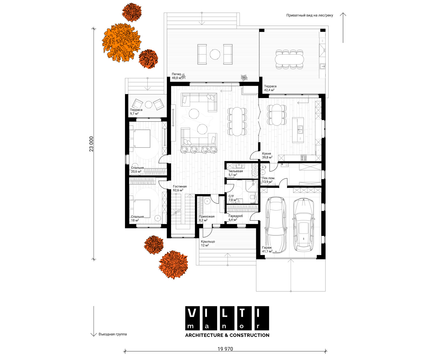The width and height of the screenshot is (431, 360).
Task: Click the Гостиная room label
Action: tap(180, 186)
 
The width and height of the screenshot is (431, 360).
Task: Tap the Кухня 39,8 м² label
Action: tap(267, 155)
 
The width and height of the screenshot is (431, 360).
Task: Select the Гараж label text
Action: tap(267, 247)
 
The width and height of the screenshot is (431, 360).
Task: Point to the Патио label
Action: tap(176, 74)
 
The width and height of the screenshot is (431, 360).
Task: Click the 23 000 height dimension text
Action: tap(91, 144)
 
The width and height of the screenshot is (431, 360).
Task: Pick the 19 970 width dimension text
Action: tap(225, 349)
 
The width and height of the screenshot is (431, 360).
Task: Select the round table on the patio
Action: tap(215, 54)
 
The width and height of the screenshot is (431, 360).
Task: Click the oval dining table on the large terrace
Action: tap(289, 60)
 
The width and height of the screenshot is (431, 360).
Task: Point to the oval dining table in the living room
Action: tap(237, 122)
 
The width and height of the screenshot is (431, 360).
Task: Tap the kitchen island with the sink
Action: tap(298, 130)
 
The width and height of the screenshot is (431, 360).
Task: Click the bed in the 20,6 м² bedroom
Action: tap(140, 138)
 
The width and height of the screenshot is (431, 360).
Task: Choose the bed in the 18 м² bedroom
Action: tap(140, 209)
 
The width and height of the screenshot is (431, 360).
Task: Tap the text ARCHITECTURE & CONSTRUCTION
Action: tap(227, 335)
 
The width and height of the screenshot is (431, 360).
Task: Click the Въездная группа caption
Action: tap(113, 334)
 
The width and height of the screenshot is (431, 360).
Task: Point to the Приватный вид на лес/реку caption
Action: tap(310, 15)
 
